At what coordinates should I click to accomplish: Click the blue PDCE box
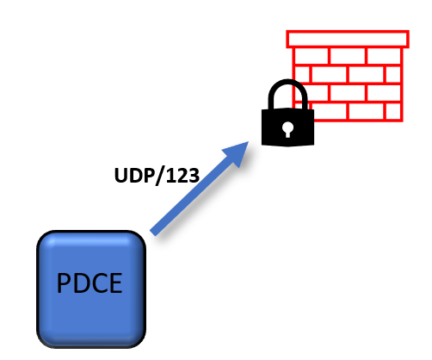coord(91,289)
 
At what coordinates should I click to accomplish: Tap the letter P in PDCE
coord(65,283)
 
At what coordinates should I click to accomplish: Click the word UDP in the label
coord(135,175)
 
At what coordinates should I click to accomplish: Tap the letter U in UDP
coord(121,176)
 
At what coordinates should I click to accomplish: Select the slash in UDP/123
coord(160,176)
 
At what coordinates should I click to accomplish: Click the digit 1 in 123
coord(171,175)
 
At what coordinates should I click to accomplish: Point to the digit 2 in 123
coord(182,175)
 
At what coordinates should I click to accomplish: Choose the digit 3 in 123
coord(194,175)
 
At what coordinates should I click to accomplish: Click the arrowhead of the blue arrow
coord(238,152)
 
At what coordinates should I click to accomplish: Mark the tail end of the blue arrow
coord(152,233)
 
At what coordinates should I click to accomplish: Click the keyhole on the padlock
coord(287,129)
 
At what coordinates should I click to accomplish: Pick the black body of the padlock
coord(287,127)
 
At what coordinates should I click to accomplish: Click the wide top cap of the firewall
coord(348,39)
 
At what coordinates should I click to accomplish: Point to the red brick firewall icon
coord(348,76)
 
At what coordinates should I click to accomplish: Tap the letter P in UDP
coord(149,176)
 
